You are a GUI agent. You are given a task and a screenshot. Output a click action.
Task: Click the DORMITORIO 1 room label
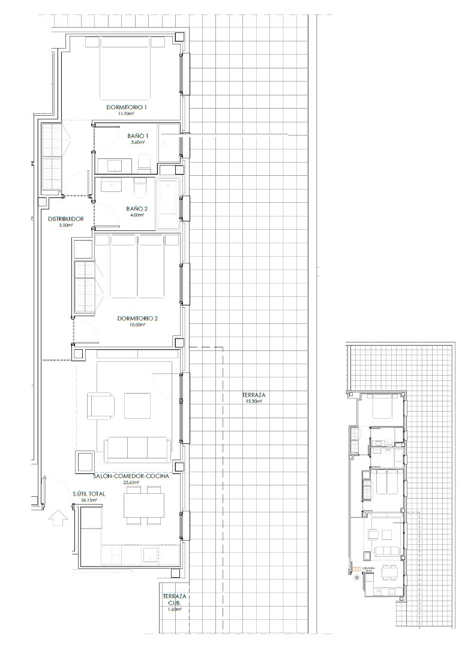(x=127, y=107)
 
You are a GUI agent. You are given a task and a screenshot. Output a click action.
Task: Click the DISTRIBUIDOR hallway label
(x=65, y=219)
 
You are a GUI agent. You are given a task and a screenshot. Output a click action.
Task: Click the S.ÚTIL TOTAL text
(x=88, y=493)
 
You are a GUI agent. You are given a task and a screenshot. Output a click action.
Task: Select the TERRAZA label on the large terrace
(x=254, y=395)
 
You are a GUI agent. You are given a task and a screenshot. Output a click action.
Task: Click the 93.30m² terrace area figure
(x=254, y=402)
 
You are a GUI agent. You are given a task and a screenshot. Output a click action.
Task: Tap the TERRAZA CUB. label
(x=174, y=600)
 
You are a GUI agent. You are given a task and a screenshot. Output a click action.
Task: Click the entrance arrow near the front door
(x=58, y=517)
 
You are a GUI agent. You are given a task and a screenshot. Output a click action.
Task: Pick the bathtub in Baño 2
(x=168, y=204)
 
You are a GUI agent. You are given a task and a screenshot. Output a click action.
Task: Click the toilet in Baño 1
(x=144, y=163)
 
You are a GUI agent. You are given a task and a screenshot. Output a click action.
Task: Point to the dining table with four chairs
(x=144, y=504)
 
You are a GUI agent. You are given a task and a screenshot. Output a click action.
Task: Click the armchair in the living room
(x=100, y=406)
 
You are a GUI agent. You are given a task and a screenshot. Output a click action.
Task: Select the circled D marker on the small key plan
(x=356, y=578)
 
